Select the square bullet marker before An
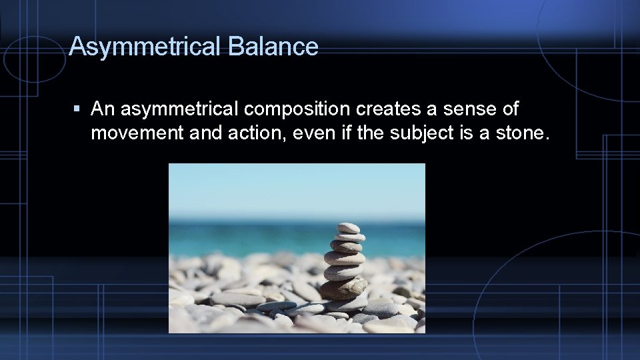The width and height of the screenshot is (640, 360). tap(77, 108)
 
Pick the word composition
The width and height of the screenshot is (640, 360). tap(297, 109)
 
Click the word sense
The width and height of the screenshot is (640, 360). tap(465, 109)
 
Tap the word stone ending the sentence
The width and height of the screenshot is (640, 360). tap(523, 133)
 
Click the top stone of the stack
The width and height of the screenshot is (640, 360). tap(348, 228)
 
